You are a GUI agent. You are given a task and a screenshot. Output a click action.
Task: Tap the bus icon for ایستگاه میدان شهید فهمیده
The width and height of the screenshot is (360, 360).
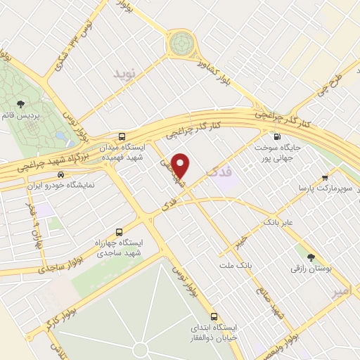coord(123,136)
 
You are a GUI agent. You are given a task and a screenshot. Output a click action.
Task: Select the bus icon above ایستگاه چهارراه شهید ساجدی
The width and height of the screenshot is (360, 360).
coord(118,231)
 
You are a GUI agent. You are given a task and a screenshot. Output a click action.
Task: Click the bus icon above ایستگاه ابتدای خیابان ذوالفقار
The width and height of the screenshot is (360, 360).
coord(214,316)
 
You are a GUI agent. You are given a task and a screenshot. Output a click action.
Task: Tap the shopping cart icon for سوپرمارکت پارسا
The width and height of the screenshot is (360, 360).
coord(324,178)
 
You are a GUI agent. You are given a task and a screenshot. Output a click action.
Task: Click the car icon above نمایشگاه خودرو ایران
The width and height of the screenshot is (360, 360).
coord(61,174)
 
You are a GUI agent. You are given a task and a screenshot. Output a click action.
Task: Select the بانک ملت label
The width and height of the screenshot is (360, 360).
coord(235,265)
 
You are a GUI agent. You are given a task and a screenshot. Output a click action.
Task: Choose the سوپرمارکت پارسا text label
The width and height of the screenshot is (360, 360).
coord(323,188)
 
